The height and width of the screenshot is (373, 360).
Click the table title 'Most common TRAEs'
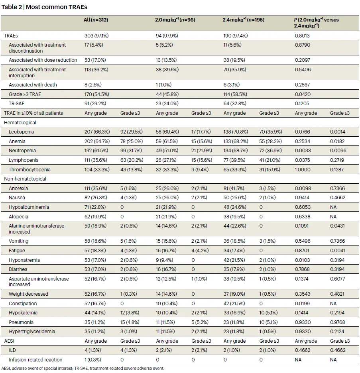coord(56,7)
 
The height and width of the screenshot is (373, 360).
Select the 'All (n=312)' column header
coord(96,20)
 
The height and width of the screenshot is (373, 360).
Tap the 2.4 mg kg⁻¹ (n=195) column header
coord(244,20)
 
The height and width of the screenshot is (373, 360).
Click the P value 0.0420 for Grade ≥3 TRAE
coord(303,94)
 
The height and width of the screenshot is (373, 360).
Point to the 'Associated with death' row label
coord(33,85)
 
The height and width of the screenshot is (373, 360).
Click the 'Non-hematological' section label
coord(25,179)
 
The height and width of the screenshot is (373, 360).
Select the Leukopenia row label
coord(21,132)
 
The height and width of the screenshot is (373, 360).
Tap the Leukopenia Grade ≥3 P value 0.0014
coord(337,132)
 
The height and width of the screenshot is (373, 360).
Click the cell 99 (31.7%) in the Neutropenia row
coord(131,151)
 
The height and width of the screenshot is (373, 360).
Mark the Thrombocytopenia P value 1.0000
coord(303,170)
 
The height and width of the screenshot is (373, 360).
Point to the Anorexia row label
coord(18,188)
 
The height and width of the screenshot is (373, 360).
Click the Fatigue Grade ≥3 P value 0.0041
coord(337,251)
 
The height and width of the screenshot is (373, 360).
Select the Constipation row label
coord(23,304)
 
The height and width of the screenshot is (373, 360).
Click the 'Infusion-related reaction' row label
coord(36,360)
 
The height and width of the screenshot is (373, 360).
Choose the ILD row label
coord(12,350)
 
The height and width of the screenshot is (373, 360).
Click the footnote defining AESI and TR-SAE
coord(83,369)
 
